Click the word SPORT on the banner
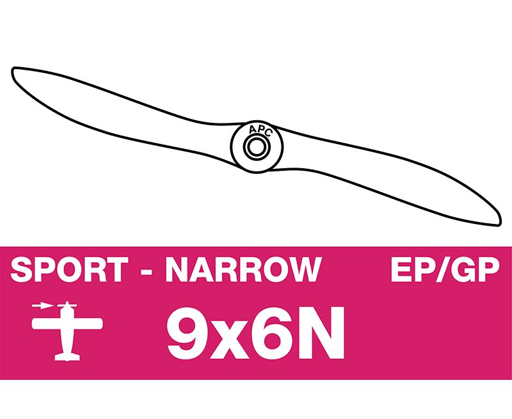coord(69,269)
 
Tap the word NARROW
coord(244,269)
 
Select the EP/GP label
coord(445,269)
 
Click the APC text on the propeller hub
coord(260,130)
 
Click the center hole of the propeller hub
coord(257,147)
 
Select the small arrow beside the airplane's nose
coord(42,306)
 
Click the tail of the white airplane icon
coord(67,356)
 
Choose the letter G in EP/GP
coord(465,269)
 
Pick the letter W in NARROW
coord(303,269)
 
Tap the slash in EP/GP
coord(441,269)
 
